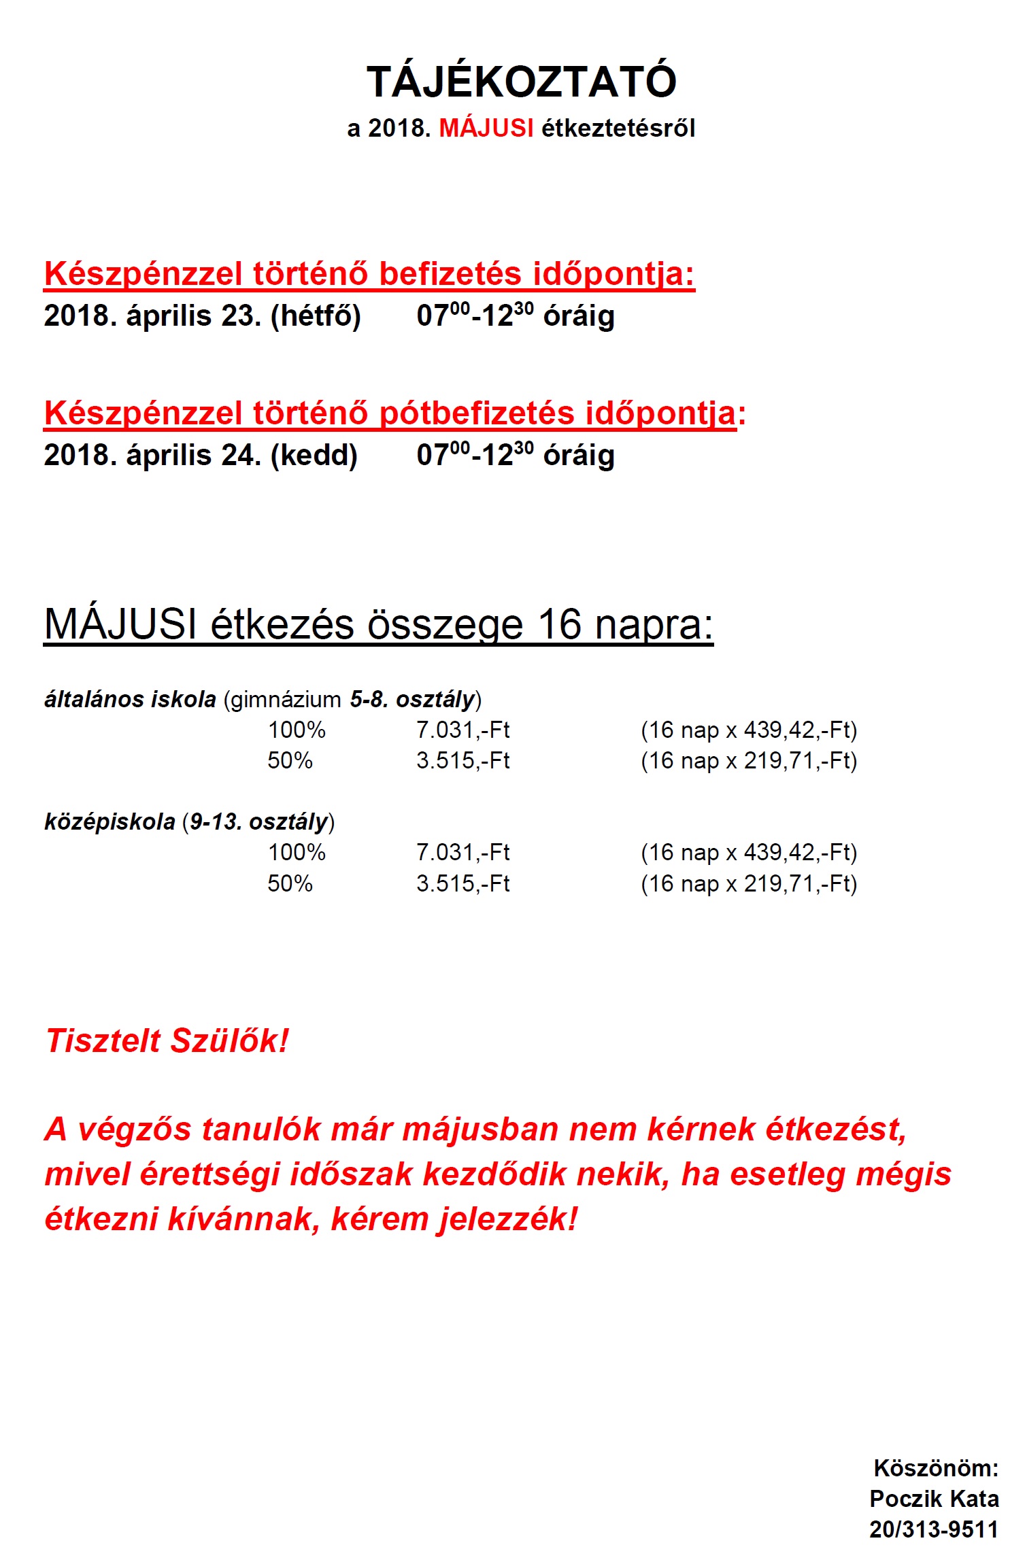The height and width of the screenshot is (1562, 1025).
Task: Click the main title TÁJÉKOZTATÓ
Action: pos(521,82)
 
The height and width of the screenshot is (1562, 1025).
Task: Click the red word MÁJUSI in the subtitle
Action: pos(486,128)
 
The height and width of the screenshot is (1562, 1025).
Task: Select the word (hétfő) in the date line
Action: pos(316,316)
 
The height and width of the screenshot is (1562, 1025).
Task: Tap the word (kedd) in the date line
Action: pos(314,456)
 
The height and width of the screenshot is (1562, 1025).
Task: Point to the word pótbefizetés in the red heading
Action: pos(476,413)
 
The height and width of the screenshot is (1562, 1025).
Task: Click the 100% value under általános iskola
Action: pos(297,730)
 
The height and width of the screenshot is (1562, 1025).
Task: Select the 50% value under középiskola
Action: pos(290,883)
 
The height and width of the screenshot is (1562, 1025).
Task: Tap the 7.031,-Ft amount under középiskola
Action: pos(463,853)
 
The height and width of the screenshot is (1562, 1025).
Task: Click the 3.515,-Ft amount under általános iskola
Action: pos(463,761)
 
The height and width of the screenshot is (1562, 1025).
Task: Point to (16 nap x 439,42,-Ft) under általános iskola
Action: pos(748,730)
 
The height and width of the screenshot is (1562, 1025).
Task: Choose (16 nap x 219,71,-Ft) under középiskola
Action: pos(748,883)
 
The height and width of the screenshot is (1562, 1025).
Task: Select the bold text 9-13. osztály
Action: pos(258,822)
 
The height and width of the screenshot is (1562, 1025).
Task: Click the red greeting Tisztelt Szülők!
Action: pos(167,1040)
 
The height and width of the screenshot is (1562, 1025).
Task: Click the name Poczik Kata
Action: pos(934,1499)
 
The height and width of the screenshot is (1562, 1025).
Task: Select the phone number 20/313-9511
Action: pos(933,1529)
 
